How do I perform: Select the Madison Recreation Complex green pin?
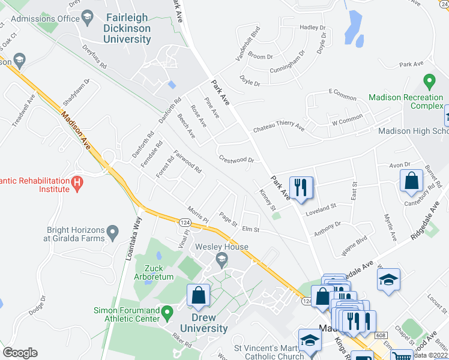pyautogui.click(x=429, y=80)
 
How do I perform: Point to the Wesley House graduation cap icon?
pyautogui.click(x=221, y=260)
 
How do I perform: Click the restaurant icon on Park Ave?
pyautogui.click(x=300, y=187)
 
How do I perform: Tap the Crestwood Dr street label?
pyautogui.click(x=237, y=160)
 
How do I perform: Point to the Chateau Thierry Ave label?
pyautogui.click(x=279, y=127)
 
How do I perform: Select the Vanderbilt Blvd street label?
pyautogui.click(x=248, y=43)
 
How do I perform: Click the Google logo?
pyautogui.click(x=20, y=353)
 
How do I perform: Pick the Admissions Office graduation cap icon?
pyautogui.click(x=88, y=18)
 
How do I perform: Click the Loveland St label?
pyautogui.click(x=321, y=205)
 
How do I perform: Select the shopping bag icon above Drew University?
pyautogui.click(x=198, y=295)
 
